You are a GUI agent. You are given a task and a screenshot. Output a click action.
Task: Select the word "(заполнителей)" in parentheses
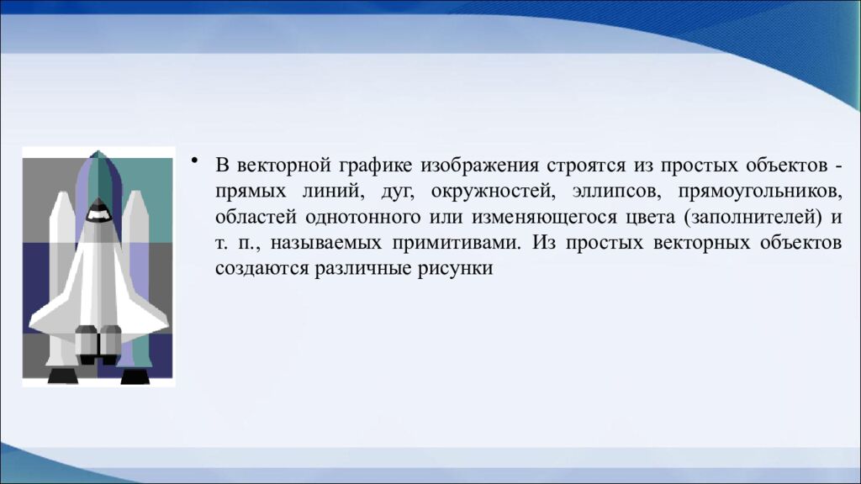pos(752,217)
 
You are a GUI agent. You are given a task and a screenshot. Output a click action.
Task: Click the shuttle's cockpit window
pos(99,215)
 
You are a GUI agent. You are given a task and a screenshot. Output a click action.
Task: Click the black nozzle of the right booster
pos(135,376)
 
